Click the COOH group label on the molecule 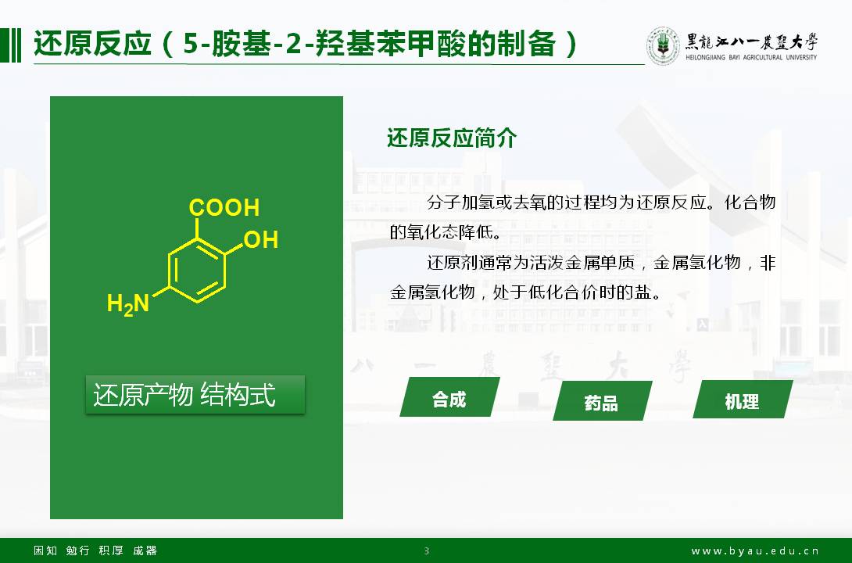(x=224, y=207)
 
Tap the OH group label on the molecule (x=261, y=239)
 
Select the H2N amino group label (x=128, y=303)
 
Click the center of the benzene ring (x=197, y=270)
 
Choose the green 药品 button (x=602, y=401)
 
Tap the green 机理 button (x=743, y=400)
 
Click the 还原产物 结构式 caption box (x=195, y=395)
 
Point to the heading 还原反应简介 (x=452, y=138)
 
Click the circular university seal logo (x=662, y=45)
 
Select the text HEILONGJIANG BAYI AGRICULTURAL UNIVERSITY (x=751, y=57)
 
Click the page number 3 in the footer (x=427, y=551)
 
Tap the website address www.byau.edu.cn (x=755, y=551)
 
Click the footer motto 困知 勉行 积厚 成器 (x=95, y=550)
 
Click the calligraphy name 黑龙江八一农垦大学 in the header (x=751, y=41)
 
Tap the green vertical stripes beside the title (x=11, y=45)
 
